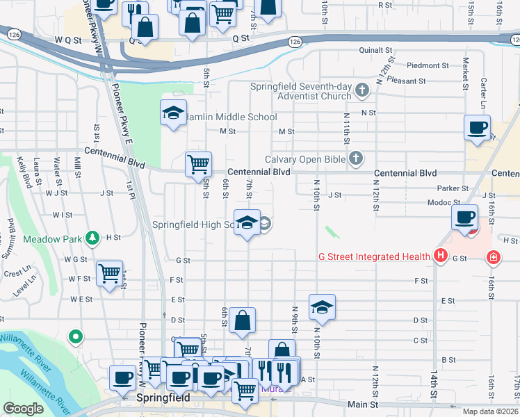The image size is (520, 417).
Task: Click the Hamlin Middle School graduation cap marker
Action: click(172, 113)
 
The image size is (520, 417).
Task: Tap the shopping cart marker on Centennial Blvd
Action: click(198, 164)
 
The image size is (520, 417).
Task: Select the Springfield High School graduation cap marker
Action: click(246, 222)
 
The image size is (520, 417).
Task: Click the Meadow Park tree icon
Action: click(92, 238)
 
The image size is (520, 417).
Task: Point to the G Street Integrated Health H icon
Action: click(439, 256)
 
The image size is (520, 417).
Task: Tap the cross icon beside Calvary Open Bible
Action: click(355, 159)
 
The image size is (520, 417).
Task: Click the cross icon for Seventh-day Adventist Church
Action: click(361, 90)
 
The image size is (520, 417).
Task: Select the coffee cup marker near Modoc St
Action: click(464, 216)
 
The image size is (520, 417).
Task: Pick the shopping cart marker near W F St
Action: click(110, 273)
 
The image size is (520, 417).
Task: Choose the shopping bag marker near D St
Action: click(242, 320)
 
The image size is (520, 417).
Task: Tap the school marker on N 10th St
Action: click(322, 306)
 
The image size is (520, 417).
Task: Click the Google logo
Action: click(23, 409)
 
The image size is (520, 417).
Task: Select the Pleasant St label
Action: click(407, 81)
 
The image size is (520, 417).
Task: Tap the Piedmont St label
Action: click(428, 65)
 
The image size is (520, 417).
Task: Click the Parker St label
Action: click(453, 188)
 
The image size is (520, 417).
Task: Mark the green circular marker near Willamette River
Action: click(75, 338)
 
